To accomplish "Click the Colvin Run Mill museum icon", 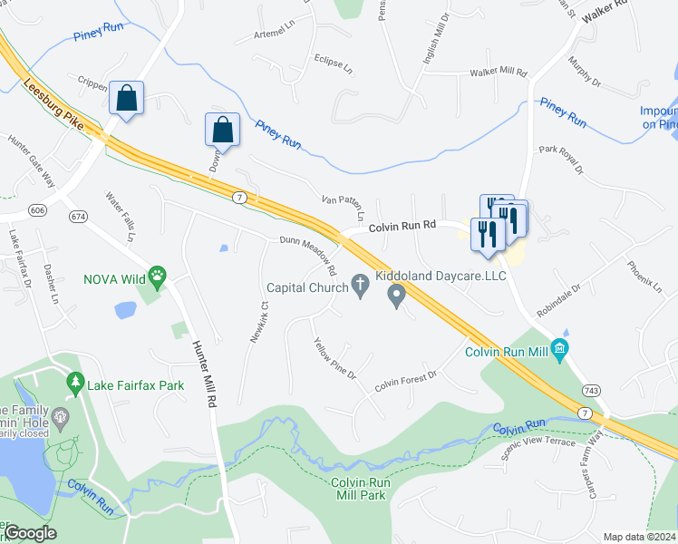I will [x=560, y=349].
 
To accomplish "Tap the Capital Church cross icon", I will [x=360, y=287].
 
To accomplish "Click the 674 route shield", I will [x=79, y=216].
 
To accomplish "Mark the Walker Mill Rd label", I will [x=498, y=71].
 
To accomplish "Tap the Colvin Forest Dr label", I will [x=406, y=380].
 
